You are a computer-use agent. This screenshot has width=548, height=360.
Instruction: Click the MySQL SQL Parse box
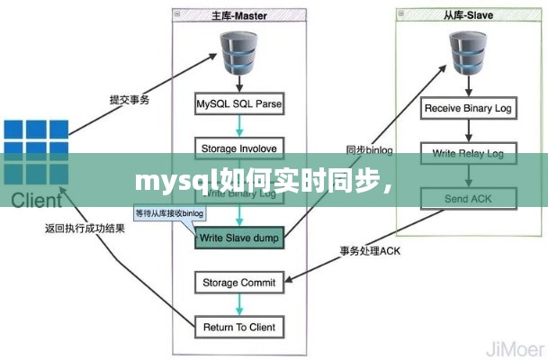click(x=239, y=104)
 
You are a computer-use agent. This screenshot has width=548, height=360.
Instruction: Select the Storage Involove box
click(x=239, y=148)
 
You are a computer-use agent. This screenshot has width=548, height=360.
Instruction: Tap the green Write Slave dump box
click(x=239, y=238)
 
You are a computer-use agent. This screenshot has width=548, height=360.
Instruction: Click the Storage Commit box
click(x=239, y=283)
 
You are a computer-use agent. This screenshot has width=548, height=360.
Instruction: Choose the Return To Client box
click(x=239, y=326)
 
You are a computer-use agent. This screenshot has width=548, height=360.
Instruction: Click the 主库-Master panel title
click(x=239, y=14)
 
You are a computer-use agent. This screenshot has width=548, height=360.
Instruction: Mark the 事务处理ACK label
click(x=370, y=251)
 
